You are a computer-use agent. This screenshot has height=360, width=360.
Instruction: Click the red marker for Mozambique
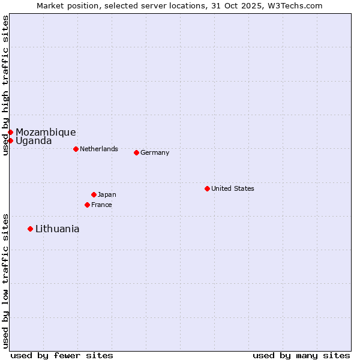10,132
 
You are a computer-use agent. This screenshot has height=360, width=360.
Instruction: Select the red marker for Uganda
10,140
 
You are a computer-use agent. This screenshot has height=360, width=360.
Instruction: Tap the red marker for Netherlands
76,149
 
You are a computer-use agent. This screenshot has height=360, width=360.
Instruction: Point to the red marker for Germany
136,152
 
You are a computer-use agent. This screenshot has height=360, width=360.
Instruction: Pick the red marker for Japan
94,194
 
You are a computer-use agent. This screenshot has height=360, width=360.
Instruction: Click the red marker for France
87,205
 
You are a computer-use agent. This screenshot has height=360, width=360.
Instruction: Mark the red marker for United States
207,188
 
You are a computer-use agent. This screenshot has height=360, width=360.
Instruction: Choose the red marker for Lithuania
30,229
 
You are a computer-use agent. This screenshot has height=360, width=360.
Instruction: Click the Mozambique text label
46,132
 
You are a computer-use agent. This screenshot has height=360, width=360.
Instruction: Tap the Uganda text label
34,141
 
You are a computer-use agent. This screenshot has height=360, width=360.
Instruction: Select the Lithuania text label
57,229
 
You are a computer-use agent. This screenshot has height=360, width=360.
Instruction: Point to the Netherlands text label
98,149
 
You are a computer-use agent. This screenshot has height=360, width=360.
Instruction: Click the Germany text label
155,152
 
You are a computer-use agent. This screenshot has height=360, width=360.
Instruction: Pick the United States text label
232,188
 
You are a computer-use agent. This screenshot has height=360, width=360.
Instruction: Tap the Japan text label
107,194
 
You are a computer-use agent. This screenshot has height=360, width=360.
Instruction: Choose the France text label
101,205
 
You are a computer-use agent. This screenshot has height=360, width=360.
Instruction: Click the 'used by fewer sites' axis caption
62,355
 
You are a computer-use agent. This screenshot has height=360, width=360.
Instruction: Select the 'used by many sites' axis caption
301,355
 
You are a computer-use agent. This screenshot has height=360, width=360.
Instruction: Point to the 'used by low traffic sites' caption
5,281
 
